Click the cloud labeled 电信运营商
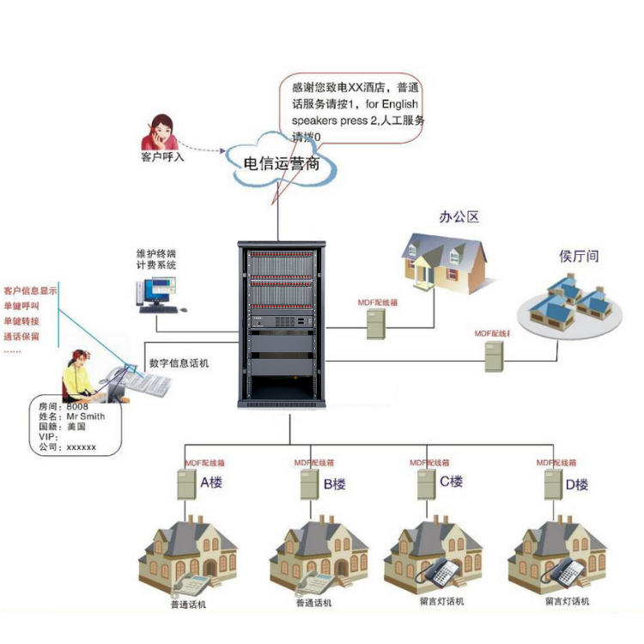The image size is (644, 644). point(279,162)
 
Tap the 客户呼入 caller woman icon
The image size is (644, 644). point(160,132)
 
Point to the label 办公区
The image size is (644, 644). point(459,217)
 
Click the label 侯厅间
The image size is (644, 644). point(579,256)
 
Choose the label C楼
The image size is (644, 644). point(452,482)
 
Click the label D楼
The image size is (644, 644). point(577,484)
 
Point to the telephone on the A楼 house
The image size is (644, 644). point(191,585)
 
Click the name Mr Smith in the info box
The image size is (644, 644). point(86,416)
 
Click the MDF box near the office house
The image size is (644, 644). point(375,324)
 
